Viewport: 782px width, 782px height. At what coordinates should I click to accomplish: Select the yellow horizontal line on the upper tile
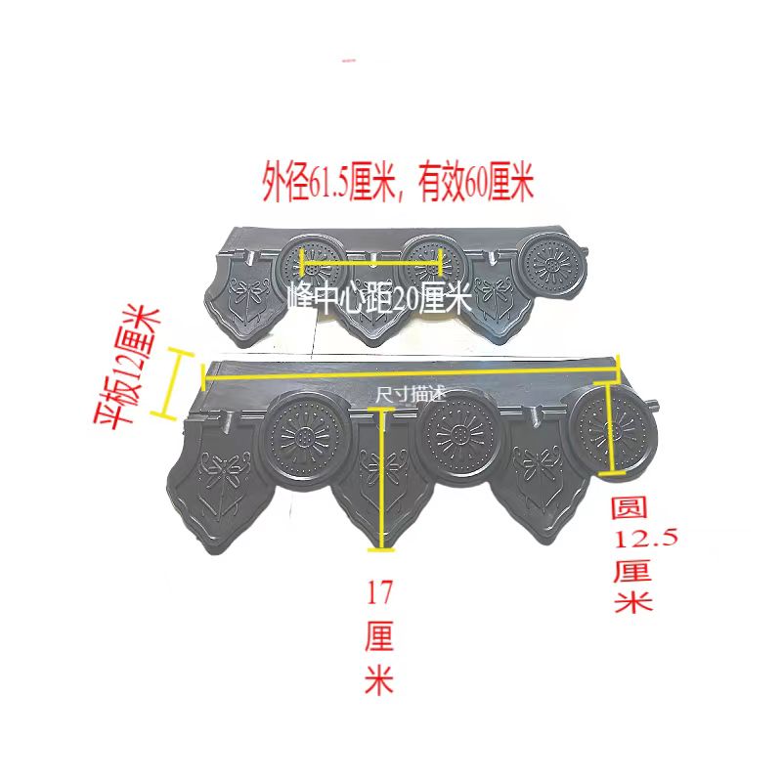(x=372, y=261)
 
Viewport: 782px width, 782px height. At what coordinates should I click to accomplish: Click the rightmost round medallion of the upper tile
(x=550, y=266)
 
